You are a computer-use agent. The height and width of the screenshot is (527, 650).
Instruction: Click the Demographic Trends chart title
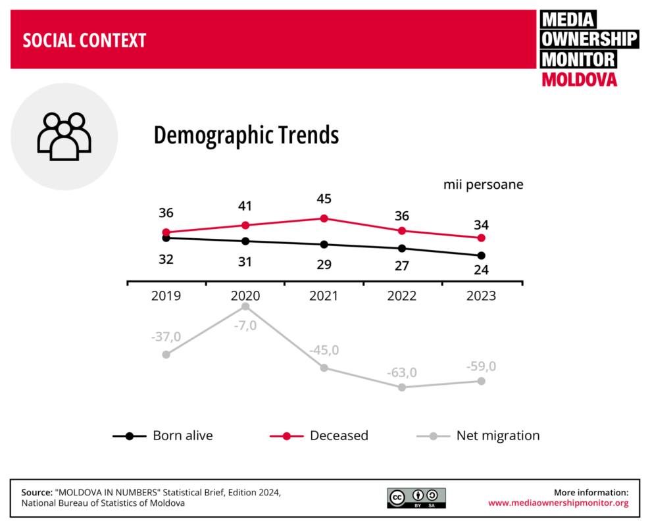tap(246, 136)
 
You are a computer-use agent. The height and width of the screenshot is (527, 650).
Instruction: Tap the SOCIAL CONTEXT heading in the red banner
tap(84, 41)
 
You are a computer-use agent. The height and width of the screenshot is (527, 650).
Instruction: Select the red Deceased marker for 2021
tap(324, 218)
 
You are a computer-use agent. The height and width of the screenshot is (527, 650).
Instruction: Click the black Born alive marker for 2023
tap(481, 255)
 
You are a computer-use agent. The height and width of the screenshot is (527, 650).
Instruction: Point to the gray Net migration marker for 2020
tap(245, 307)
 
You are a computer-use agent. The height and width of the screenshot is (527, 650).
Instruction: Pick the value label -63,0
tap(401, 372)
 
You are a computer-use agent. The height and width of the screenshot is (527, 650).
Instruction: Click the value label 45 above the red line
tap(324, 199)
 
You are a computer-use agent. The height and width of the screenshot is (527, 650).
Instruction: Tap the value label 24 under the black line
tap(481, 270)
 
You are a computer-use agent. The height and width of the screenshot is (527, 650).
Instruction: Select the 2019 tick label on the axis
tap(166, 296)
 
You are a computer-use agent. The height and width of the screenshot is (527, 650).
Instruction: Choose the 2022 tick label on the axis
tap(401, 296)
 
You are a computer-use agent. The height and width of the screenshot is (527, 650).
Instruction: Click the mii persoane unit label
tap(483, 185)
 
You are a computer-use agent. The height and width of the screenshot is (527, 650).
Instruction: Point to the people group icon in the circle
tap(64, 136)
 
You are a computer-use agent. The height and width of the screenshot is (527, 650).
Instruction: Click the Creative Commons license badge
tap(416, 498)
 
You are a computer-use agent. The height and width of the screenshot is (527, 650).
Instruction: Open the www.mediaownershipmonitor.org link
tap(558, 503)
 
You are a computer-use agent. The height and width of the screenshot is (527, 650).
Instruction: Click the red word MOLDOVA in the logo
tap(579, 80)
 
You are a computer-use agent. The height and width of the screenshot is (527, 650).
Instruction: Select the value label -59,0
tap(481, 366)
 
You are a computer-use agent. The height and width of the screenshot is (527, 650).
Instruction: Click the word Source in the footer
tap(37, 492)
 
